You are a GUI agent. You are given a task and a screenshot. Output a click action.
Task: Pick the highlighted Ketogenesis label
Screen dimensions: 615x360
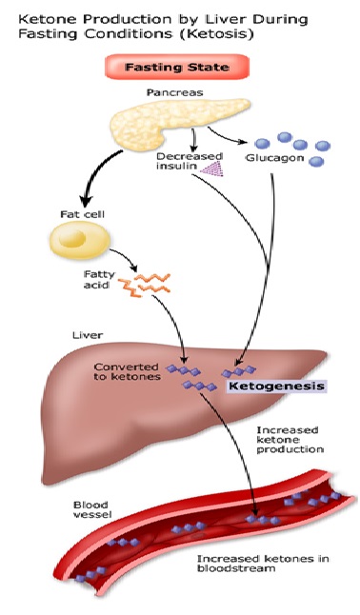(x=274, y=387)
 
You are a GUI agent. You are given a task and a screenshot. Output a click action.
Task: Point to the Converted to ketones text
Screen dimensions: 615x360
(x=127, y=371)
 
